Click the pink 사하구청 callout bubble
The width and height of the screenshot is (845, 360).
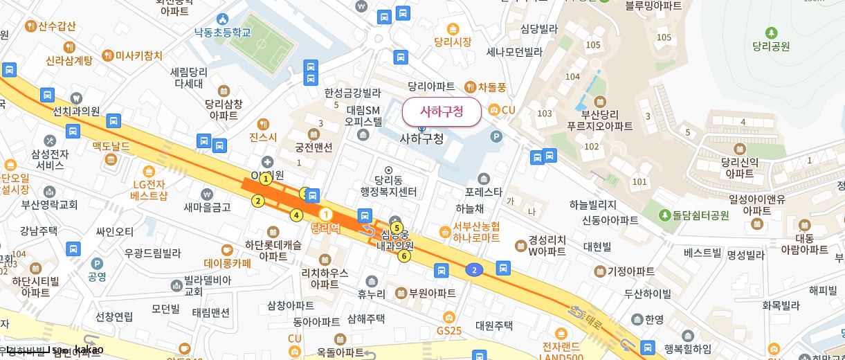pyautogui.click(x=441, y=111)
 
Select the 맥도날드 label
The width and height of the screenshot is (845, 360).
pyautogui.click(x=111, y=147)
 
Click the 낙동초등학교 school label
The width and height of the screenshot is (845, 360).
pyautogui.click(x=222, y=32)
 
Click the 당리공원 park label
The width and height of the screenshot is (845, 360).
pyautogui.click(x=771, y=46)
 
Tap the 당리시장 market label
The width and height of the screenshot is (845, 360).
pyautogui.click(x=453, y=42)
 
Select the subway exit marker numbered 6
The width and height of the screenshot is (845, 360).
pyautogui.click(x=404, y=256)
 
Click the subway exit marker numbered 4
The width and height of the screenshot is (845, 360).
pyautogui.click(x=296, y=215)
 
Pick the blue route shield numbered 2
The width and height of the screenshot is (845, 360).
pyautogui.click(x=473, y=269)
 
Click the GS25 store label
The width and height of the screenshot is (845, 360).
pyautogui.click(x=448, y=330)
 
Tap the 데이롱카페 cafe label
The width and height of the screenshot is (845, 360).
pyautogui.click(x=227, y=263)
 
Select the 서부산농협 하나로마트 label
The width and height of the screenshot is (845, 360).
pyautogui.click(x=476, y=232)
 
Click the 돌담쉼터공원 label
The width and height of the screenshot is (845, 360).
pyautogui.click(x=695, y=215)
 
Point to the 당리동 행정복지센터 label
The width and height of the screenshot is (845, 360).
pyautogui.click(x=388, y=186)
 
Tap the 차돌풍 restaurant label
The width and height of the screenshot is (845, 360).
pyautogui.click(x=492, y=87)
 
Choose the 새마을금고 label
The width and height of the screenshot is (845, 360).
pyautogui.click(x=207, y=206)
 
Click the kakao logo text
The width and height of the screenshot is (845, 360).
pyautogui.click(x=89, y=350)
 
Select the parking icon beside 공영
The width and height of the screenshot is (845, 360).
pyautogui.click(x=97, y=263)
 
